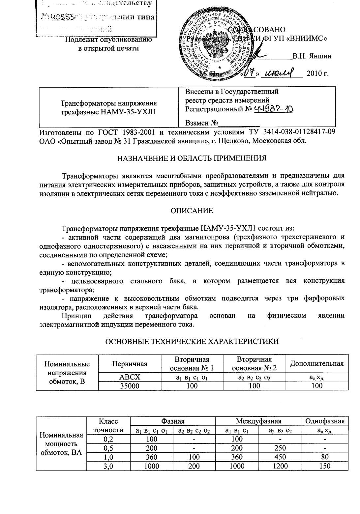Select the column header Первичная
pyautogui.click(x=130, y=364)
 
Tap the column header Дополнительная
pyautogui.click(x=317, y=364)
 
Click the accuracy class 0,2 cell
pyautogui.click(x=108, y=439)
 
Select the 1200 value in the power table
pyautogui.click(x=280, y=466)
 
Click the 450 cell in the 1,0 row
pyautogui.click(x=280, y=457)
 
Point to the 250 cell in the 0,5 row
pyautogui.click(x=280, y=448)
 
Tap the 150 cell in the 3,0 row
pyautogui.click(x=325, y=466)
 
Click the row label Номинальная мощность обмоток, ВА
pyautogui.click(x=61, y=444)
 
